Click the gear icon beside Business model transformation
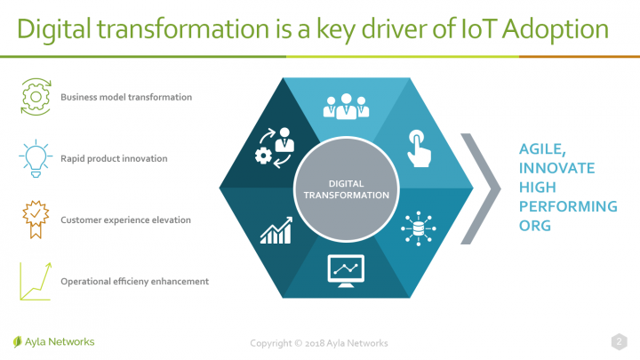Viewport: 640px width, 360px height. (x=36, y=97)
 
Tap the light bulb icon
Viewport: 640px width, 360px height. (x=36, y=158)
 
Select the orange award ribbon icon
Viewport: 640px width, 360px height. (x=36, y=220)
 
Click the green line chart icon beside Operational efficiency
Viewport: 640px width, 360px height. (x=36, y=282)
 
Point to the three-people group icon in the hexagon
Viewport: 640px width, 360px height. (x=346, y=107)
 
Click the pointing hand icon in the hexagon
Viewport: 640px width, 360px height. (x=419, y=148)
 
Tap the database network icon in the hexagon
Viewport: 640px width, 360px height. (x=419, y=228)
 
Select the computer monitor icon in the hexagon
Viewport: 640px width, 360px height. (x=346, y=271)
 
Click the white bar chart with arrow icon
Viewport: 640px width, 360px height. (x=276, y=230)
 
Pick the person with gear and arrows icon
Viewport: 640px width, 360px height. (x=275, y=148)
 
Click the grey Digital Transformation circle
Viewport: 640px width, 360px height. (x=346, y=189)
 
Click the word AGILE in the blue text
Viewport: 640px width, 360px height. (x=542, y=149)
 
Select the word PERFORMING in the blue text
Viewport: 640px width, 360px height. (x=568, y=206)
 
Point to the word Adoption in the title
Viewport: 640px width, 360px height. (x=555, y=30)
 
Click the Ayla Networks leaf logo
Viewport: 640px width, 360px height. (x=17, y=341)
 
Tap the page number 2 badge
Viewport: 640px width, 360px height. (x=620, y=341)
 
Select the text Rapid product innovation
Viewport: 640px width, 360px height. (x=114, y=159)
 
